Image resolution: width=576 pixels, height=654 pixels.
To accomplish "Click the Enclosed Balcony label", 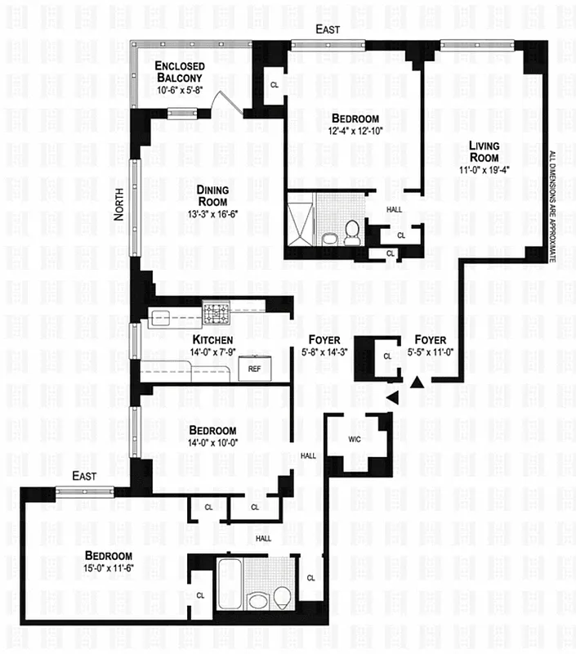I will [181, 72].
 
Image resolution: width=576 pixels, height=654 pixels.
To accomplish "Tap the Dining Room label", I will [211, 196].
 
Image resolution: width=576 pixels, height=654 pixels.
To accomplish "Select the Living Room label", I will [484, 152].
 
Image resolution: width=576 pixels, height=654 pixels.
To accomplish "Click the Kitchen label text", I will [212, 339].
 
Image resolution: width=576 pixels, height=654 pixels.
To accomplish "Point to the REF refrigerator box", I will [256, 370].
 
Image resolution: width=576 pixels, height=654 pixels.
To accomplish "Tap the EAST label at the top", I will [328, 29].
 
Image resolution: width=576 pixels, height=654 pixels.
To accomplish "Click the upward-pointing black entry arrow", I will [417, 381].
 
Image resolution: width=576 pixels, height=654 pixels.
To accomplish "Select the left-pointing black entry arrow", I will [391, 397].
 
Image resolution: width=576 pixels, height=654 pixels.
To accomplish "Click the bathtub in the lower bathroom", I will [230, 580].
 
